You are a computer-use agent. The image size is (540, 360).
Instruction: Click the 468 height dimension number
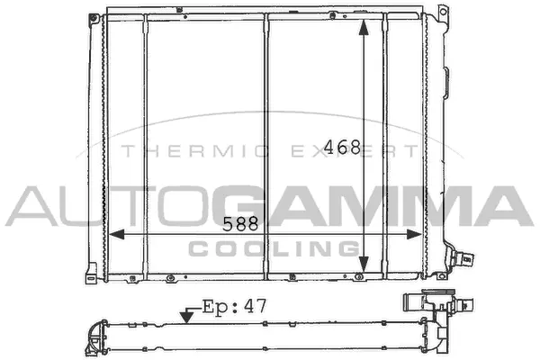[x=343, y=148]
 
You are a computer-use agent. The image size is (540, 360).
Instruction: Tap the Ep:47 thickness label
[x=234, y=306]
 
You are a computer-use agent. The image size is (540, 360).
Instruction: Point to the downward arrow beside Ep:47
[x=187, y=314]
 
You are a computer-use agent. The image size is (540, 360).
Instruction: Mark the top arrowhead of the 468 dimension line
[x=364, y=27]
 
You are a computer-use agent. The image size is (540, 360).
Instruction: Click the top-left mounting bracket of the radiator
[x=95, y=16]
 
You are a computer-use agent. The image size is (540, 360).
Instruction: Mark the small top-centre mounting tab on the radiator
[x=266, y=12]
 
